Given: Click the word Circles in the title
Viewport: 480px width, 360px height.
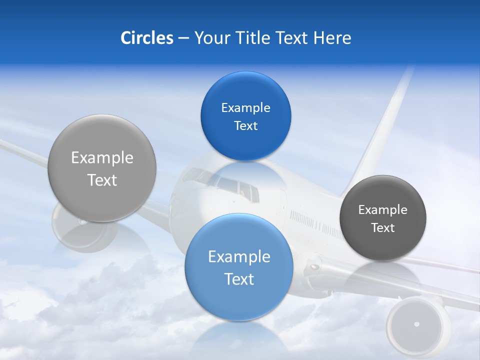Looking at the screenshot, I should pyautogui.click(x=147, y=38).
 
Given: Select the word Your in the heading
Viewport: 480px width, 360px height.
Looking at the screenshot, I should pyautogui.click(x=210, y=38).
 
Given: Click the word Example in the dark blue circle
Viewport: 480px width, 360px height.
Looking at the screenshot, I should pyautogui.click(x=245, y=107).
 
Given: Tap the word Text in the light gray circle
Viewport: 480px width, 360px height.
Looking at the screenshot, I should pyautogui.click(x=102, y=180).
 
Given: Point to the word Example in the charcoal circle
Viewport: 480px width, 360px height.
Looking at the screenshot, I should pyautogui.click(x=382, y=209).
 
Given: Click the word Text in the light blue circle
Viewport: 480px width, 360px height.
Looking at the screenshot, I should pyautogui.click(x=239, y=279).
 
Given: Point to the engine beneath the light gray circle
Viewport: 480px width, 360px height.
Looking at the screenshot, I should pyautogui.click(x=85, y=232).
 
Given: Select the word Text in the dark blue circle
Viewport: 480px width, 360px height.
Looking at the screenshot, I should pyautogui.click(x=245, y=125).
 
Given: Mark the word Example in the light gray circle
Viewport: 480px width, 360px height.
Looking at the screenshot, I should pyautogui.click(x=102, y=157).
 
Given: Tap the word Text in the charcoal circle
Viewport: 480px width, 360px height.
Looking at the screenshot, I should pyautogui.click(x=382, y=227).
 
